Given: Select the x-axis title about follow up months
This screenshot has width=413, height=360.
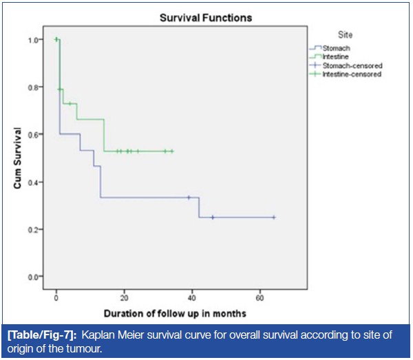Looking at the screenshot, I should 159,314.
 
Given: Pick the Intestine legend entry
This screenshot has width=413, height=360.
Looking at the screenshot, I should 335,57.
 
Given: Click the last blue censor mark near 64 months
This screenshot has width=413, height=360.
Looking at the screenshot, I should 274,218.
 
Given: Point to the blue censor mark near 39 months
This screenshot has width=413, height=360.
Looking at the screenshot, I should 189,198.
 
